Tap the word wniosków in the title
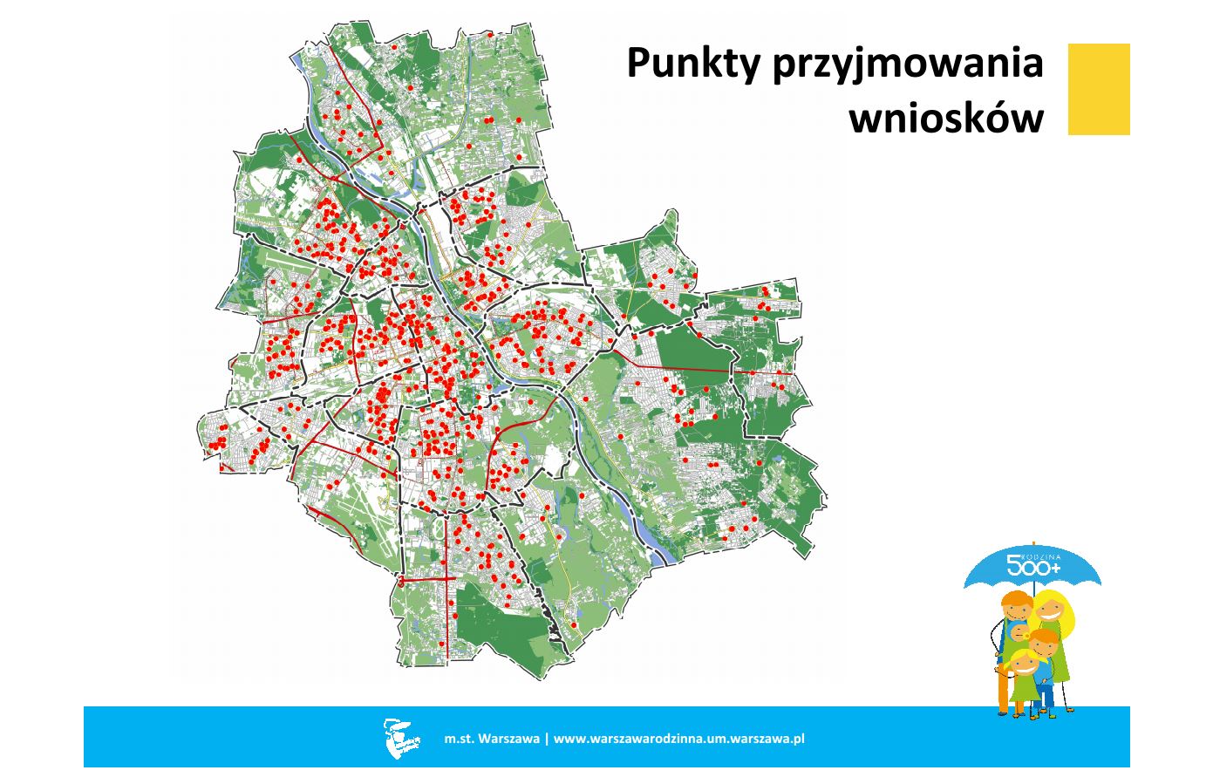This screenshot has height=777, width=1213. point(946,117)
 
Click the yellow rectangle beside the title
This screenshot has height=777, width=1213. point(1099,89)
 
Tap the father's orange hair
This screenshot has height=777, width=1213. point(1015,599)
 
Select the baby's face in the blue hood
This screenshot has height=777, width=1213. point(1017,635)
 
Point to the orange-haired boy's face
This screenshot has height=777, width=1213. point(1043,650)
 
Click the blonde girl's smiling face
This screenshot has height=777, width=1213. point(1024,665)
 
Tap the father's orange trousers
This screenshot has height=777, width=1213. point(1004,689)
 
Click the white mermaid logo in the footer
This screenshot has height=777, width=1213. point(397,737)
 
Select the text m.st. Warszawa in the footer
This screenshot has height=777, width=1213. point(492,739)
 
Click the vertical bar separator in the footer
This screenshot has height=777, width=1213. point(547,739)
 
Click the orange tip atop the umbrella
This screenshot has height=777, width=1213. point(1034,545)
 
